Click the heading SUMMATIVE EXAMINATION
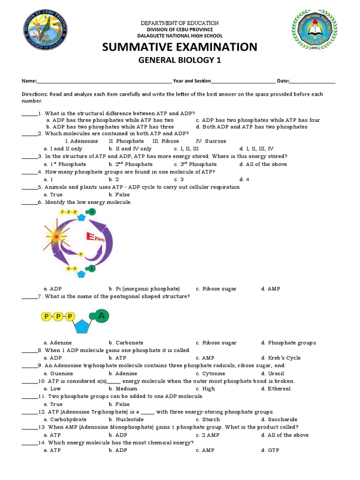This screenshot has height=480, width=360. pos(180,47)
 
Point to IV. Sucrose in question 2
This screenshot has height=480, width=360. pos(211,141)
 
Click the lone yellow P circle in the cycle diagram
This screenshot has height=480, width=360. pos(80,255)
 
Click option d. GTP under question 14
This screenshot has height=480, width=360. pos(270,450)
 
